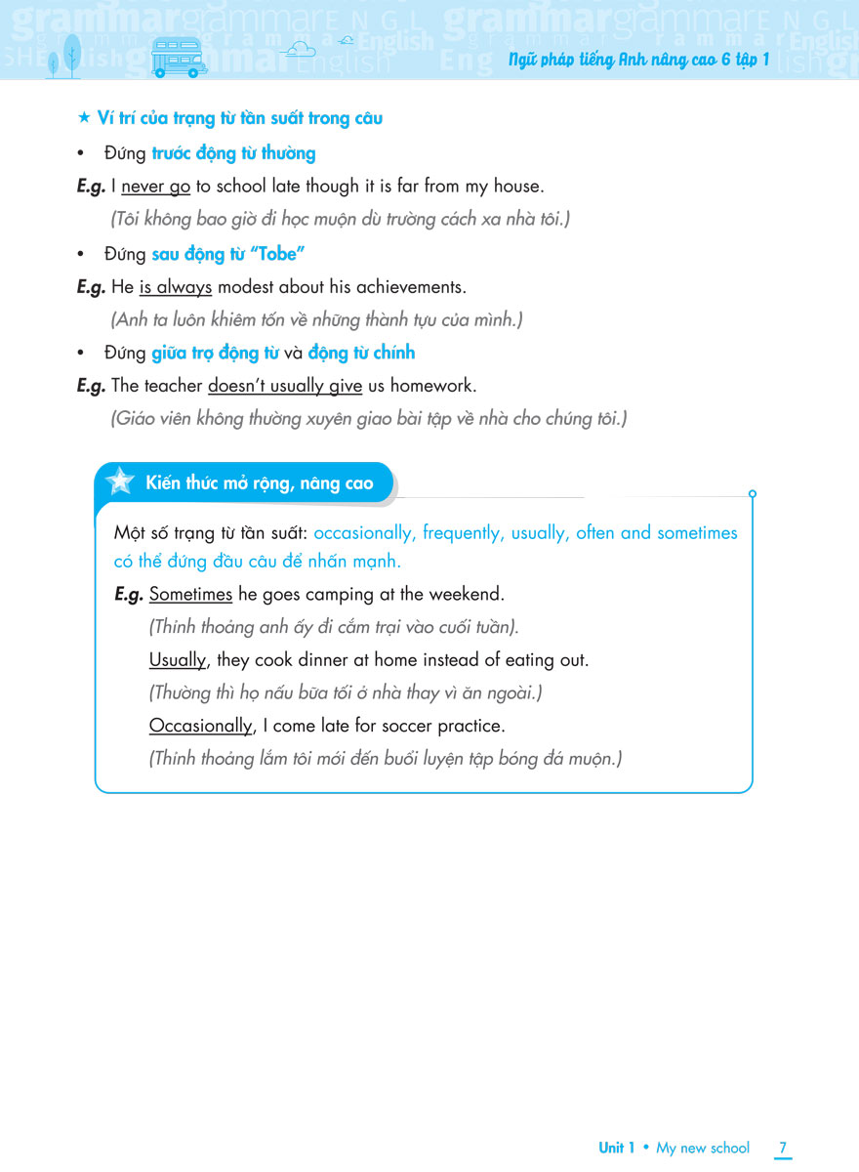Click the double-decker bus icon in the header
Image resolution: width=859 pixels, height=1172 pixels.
(x=180, y=58)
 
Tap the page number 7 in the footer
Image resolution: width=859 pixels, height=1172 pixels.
(x=783, y=1148)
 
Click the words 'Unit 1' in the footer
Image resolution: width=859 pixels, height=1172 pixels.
(x=617, y=1148)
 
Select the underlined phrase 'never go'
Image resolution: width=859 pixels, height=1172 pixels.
(x=155, y=186)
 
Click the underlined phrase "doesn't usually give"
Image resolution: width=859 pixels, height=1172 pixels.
(x=285, y=385)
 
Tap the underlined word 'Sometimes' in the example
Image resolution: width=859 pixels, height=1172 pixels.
(x=190, y=594)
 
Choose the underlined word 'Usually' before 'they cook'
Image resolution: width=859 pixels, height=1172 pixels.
(x=178, y=660)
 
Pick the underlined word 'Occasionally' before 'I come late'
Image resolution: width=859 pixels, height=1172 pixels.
(x=201, y=727)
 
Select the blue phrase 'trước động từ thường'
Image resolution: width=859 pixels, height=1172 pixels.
(x=234, y=153)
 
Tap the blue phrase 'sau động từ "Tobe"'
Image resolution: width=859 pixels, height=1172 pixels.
(x=228, y=254)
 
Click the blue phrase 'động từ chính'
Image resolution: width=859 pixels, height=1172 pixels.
(x=361, y=353)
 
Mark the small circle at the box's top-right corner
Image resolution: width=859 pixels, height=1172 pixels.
(x=752, y=494)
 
